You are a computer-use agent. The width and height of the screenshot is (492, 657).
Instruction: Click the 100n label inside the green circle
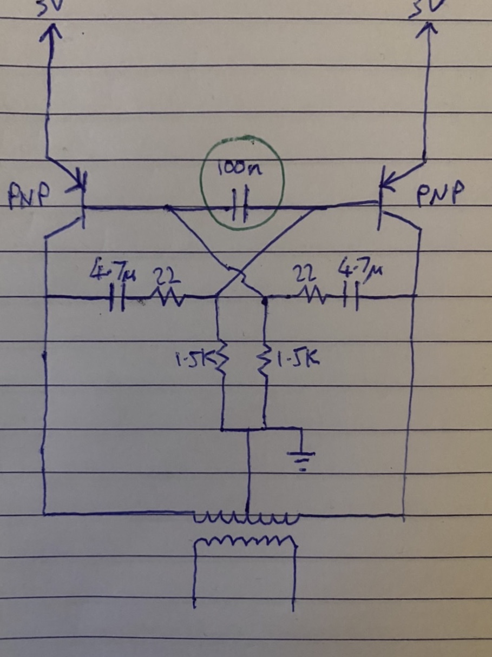241,170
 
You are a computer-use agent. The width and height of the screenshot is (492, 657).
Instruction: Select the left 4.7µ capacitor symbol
116,297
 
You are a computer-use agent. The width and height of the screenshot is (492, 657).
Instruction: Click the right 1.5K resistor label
297,357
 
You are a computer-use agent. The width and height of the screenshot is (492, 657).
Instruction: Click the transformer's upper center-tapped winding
246,519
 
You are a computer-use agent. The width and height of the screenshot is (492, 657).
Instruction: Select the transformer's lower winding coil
246,541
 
